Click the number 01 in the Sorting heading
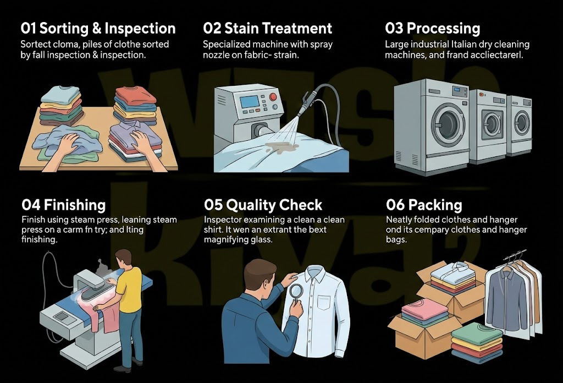(x=29, y=29)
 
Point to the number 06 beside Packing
(x=395, y=205)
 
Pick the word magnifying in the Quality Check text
(x=225, y=240)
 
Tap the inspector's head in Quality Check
(x=259, y=275)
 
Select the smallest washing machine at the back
(x=518, y=124)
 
